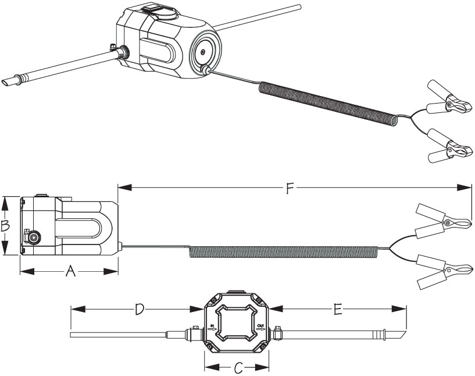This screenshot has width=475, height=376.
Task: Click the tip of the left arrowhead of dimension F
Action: click(x=118, y=187)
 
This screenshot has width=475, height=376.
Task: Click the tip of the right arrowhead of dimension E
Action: click(x=406, y=308)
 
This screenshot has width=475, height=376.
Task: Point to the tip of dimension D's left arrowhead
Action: click(x=70, y=309)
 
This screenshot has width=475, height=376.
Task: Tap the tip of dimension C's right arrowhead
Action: click(x=269, y=367)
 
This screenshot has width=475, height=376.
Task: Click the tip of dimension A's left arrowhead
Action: click(x=20, y=271)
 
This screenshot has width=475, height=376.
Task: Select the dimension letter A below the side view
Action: click(x=70, y=271)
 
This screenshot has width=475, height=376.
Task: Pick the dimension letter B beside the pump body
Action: click(x=5, y=226)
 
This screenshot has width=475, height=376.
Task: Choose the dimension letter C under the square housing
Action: click(x=238, y=368)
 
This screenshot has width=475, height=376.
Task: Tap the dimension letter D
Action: click(x=139, y=309)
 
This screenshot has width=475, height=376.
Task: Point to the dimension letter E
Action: click(x=337, y=310)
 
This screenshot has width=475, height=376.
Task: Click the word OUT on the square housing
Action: click(x=260, y=326)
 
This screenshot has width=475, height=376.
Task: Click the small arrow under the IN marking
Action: click(x=213, y=329)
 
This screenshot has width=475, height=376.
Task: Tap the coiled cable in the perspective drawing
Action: click(x=328, y=103)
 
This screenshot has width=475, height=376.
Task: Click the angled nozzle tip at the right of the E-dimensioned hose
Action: click(x=399, y=335)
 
